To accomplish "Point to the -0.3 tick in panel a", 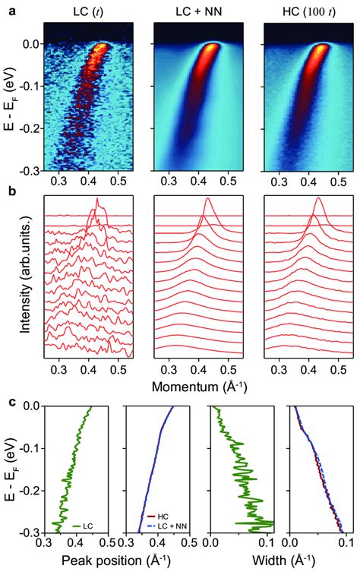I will tap(29, 172).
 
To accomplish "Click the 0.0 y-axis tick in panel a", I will tap(30, 44).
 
